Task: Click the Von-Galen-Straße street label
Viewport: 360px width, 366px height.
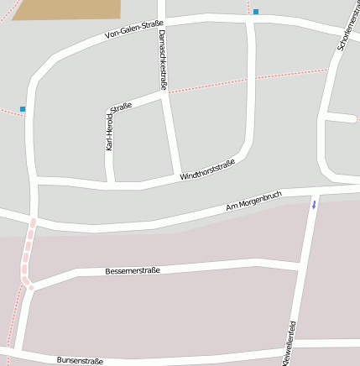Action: click(133, 31)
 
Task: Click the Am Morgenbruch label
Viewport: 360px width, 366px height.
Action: click(253, 201)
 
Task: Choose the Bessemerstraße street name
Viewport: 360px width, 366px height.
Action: click(133, 270)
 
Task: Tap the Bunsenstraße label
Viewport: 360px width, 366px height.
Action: click(80, 361)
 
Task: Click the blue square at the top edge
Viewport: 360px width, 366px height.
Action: click(256, 12)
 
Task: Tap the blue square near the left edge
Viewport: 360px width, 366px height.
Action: click(23, 109)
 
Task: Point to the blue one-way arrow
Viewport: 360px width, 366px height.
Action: click(315, 204)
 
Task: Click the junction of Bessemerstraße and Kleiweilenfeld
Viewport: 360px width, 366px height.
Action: click(300, 264)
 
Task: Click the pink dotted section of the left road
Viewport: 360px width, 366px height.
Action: click(28, 252)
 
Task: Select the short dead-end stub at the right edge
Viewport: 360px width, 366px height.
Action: click(342, 117)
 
